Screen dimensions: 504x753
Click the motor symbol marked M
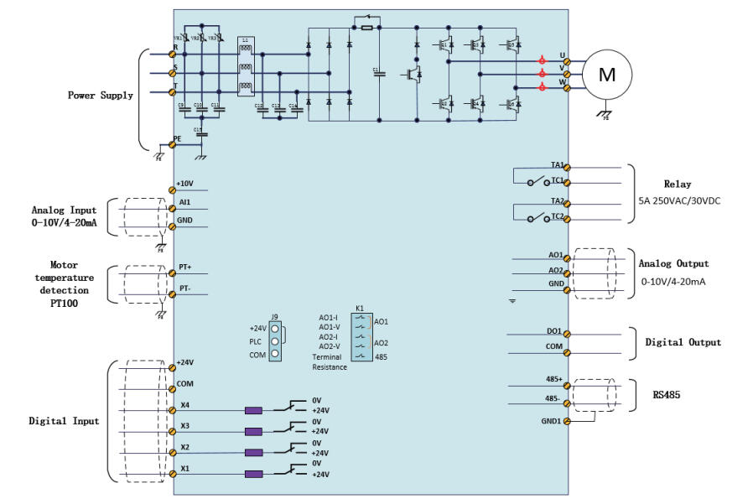tap(606, 75)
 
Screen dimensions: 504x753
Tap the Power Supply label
tap(100, 96)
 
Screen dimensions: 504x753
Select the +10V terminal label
tap(185, 183)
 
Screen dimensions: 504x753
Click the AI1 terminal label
tap(184, 202)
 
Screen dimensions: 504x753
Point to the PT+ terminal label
tap(186, 267)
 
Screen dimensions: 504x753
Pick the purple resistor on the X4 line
tap(253, 411)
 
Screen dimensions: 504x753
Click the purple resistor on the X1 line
tap(253, 474)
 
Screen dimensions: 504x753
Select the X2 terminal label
tap(184, 447)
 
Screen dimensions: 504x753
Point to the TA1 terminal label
tap(557, 165)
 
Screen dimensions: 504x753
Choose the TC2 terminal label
tap(557, 216)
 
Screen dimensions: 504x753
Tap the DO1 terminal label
tap(553, 331)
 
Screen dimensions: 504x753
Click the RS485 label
tap(666, 392)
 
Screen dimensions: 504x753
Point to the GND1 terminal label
tap(551, 421)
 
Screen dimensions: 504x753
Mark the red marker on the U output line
tap(542, 60)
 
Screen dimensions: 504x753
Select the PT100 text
tap(64, 304)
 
